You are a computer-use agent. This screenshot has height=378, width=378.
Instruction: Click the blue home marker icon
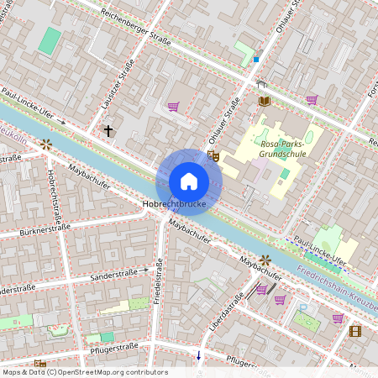tap(189, 181)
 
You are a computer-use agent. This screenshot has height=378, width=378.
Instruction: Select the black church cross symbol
tap(108, 131)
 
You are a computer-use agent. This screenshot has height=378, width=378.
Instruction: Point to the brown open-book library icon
tap(264, 101)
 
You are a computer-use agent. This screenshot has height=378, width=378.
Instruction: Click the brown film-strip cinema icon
tap(354, 331)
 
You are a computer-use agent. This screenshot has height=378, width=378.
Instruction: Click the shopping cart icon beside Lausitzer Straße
tap(173, 107)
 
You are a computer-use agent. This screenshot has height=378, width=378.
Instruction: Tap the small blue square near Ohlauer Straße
tap(256, 59)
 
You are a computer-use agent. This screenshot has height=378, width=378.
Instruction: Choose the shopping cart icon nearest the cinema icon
tap(337, 318)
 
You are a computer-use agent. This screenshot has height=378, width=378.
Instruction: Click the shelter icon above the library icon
tap(261, 83)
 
